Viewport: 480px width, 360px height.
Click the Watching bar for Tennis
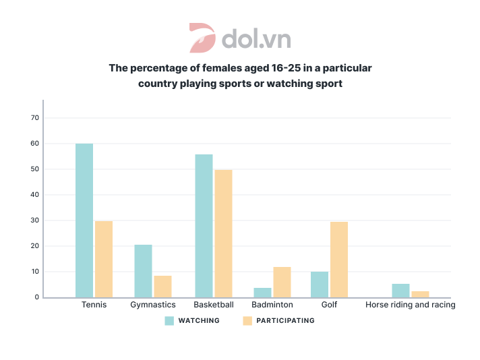point(84,220)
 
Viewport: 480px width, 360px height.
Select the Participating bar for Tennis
point(104,259)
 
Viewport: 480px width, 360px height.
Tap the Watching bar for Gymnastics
point(143,271)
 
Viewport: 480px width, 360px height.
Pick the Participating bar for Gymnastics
point(162,287)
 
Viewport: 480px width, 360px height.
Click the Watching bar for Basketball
point(204,226)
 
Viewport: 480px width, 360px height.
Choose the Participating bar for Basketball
point(223,233)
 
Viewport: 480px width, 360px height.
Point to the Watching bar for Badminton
point(263,293)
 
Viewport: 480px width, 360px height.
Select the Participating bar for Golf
point(339,260)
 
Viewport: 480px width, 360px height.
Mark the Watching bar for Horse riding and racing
point(400,291)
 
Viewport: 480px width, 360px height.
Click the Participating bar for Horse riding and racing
point(420,294)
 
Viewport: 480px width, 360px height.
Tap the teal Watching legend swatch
point(170,321)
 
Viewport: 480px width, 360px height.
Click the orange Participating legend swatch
point(247,321)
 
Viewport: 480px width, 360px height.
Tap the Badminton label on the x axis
point(272,305)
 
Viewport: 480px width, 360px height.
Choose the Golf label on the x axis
point(329,305)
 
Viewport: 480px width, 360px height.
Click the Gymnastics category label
point(153,305)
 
